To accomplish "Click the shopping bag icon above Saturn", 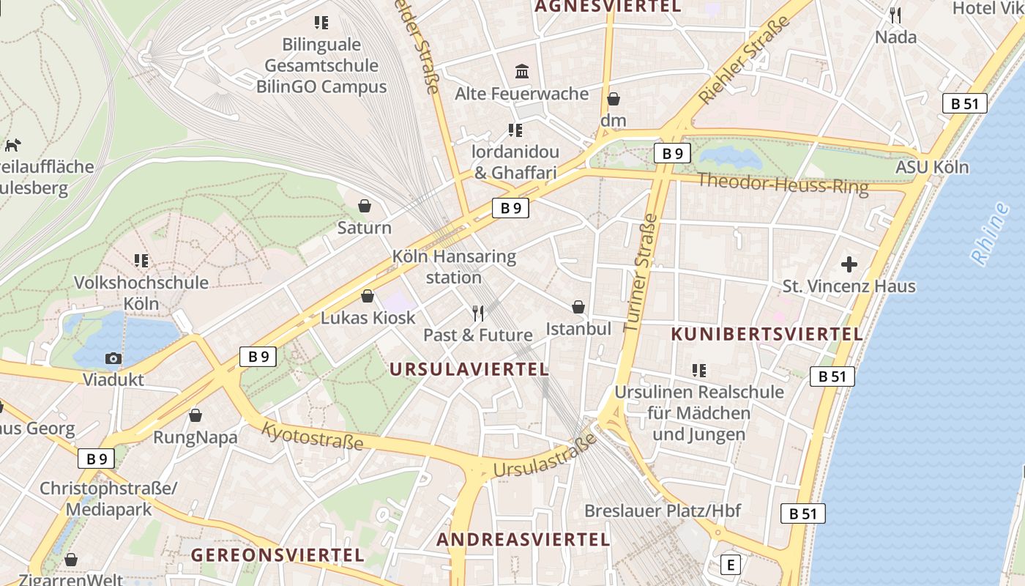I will click(x=365, y=206).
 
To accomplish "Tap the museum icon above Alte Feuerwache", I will click(x=522, y=71).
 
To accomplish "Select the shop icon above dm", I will click(x=614, y=98).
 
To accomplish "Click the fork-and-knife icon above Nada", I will click(x=895, y=15).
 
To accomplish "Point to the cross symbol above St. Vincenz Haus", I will click(x=849, y=264).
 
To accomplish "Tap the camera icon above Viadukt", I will click(x=113, y=358).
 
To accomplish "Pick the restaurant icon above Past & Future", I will click(x=478, y=314).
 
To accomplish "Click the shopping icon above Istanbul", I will click(x=578, y=307).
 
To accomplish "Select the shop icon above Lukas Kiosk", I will click(x=368, y=296).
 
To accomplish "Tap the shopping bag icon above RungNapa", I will click(x=195, y=415).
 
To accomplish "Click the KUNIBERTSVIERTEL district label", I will click(x=767, y=334).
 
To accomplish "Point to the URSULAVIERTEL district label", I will click(x=469, y=369).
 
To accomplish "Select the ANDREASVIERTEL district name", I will click(x=523, y=540).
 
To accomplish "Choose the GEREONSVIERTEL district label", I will click(x=277, y=555).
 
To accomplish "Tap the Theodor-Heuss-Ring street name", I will click(x=782, y=183).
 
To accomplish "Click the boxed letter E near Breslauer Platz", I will click(x=730, y=565).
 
